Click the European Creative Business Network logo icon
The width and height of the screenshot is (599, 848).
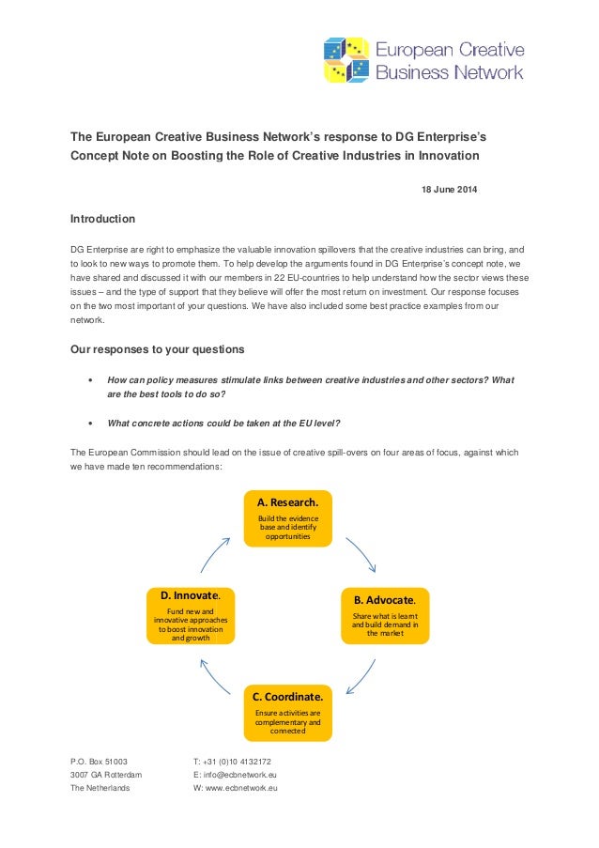(x=346, y=60)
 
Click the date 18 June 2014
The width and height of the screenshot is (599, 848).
(x=446, y=192)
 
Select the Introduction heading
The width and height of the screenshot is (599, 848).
(x=103, y=220)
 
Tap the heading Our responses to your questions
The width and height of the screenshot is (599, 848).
(x=158, y=350)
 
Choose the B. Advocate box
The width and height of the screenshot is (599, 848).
(x=384, y=615)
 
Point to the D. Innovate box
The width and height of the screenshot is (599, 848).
(x=191, y=615)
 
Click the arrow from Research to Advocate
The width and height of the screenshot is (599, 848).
(x=361, y=554)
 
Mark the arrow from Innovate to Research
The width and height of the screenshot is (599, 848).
(x=215, y=553)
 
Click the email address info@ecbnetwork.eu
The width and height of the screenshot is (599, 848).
(x=235, y=775)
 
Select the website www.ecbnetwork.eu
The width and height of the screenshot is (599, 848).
(x=236, y=789)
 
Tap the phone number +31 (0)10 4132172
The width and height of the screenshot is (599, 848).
(x=232, y=761)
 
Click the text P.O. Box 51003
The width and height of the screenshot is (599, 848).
(x=100, y=761)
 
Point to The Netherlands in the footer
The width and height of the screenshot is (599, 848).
(x=100, y=789)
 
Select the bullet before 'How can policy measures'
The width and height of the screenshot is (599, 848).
(x=88, y=379)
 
